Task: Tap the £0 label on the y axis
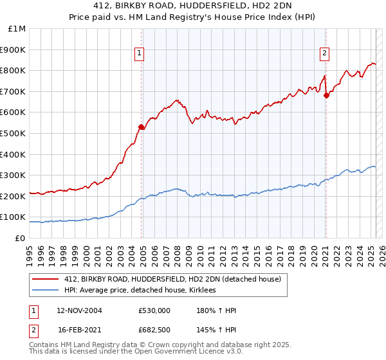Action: point(21,238)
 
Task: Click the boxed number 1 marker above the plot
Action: point(139,53)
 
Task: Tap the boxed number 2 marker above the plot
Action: point(325,53)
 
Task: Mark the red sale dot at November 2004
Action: point(142,127)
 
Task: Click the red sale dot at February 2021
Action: point(326,95)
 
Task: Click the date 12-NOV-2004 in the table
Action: point(79,310)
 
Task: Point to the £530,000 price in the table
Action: point(154,310)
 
